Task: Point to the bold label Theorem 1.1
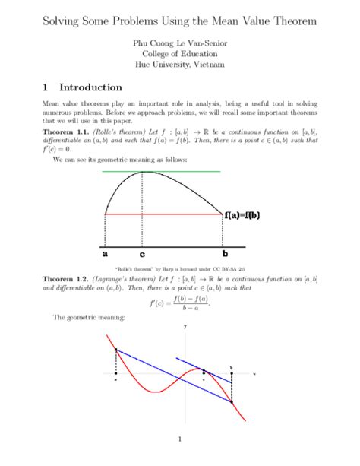pos(65,132)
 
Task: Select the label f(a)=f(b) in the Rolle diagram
pos(242,215)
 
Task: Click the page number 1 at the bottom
pos(180,439)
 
